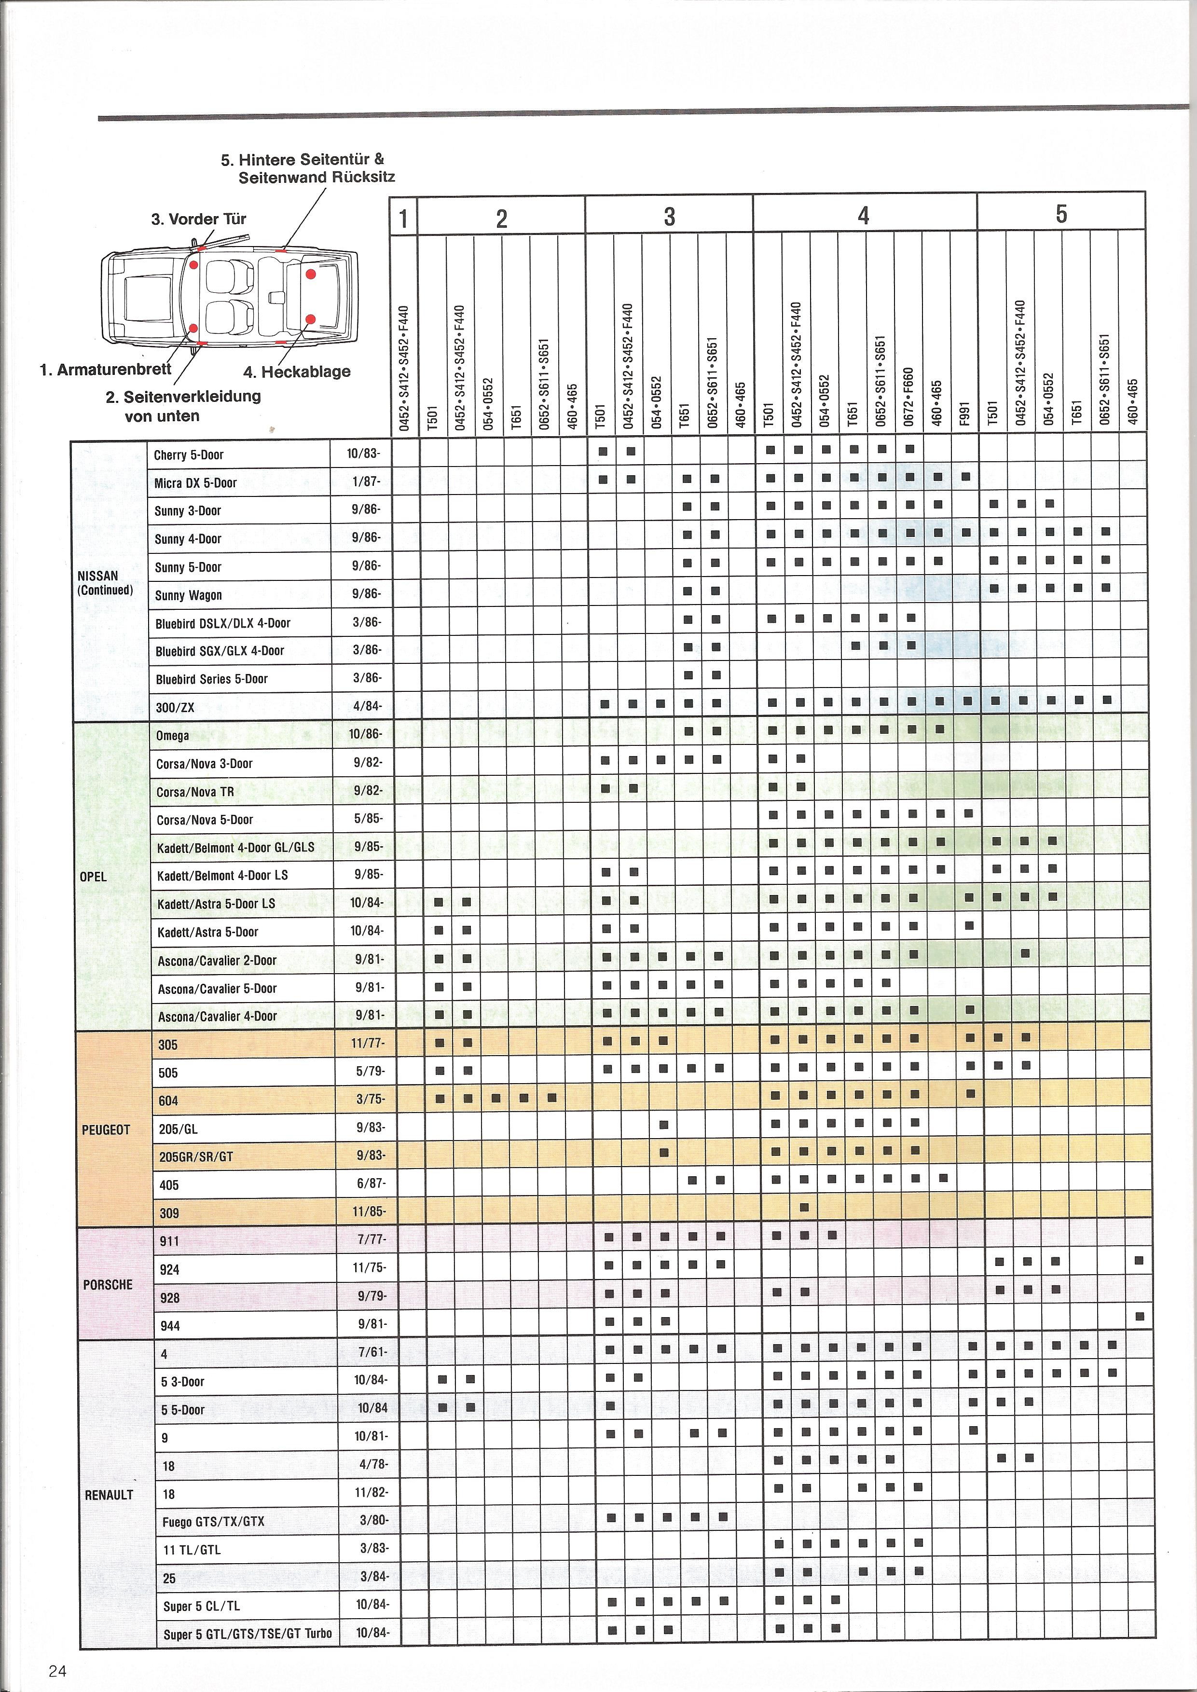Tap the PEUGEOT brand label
pos(106,1130)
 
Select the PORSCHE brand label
pos(108,1284)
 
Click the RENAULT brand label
pos(109,1495)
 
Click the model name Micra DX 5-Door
pos(195,482)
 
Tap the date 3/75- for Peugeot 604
pos(371,1100)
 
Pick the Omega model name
pos(172,735)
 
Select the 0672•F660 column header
pos(909,397)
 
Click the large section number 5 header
pos(1061,214)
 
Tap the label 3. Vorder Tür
pos(199,219)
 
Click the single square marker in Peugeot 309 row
pos(805,1207)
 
